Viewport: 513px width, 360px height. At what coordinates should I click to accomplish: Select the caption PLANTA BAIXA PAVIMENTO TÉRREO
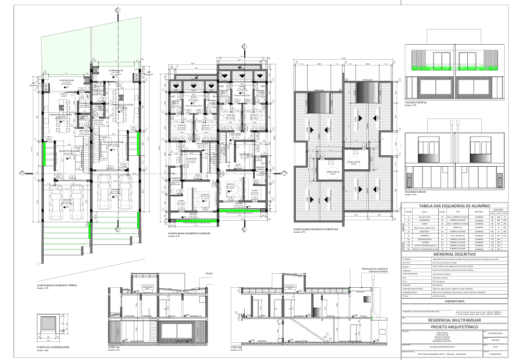pyautogui.click(x=57, y=285)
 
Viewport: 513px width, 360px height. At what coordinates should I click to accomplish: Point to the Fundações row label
pyautogui.click(x=409, y=259)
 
